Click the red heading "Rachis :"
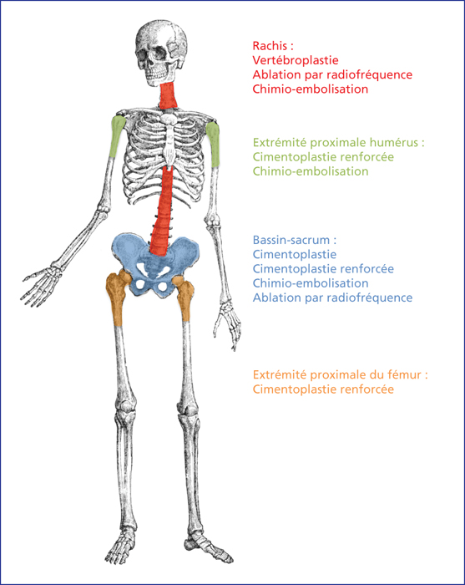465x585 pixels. (273, 46)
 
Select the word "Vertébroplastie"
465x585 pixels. (296, 60)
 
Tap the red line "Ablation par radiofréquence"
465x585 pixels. (332, 74)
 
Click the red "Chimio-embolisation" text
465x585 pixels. (311, 89)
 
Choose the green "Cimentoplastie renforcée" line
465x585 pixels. (323, 157)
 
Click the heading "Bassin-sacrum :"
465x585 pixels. (295, 240)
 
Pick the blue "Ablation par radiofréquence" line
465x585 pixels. (332, 298)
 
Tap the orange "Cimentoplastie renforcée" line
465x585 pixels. (323, 389)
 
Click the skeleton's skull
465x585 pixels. (161, 52)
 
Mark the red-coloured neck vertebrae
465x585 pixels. (169, 95)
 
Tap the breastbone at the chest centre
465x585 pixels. (169, 142)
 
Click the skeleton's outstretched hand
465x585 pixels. (40, 286)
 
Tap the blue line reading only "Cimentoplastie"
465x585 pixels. (295, 254)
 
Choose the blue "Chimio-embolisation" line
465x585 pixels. (311, 283)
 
